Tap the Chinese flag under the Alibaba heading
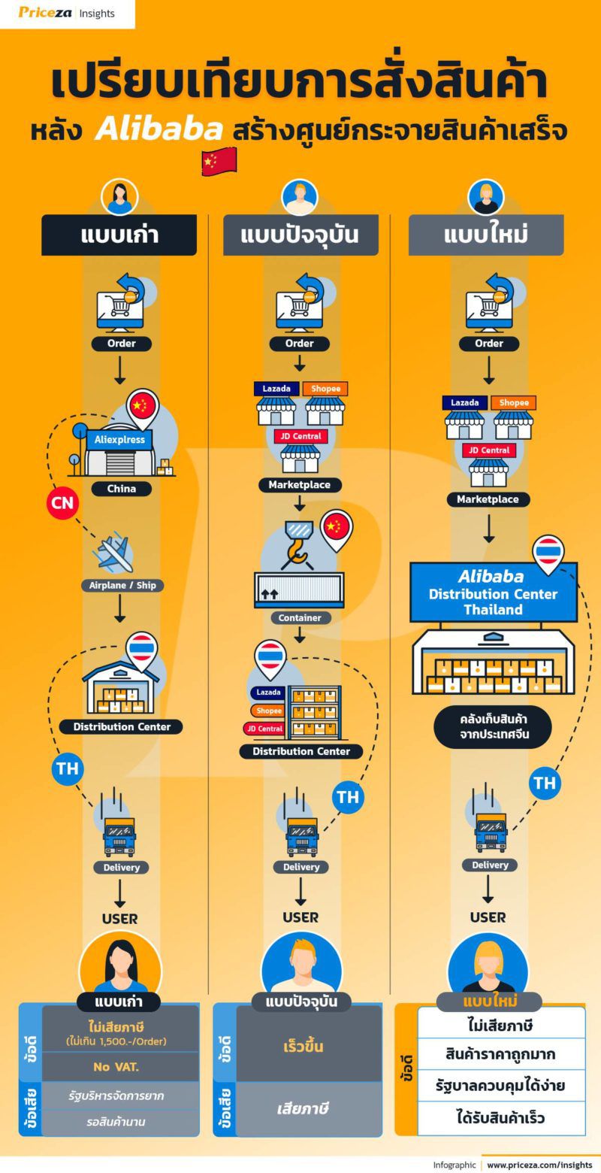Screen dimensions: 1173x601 point(219,162)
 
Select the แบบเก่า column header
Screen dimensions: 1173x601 point(119,235)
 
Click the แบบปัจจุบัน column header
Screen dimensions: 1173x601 point(300,235)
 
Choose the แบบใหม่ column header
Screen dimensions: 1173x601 point(486,235)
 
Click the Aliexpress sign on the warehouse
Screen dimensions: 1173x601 point(119,439)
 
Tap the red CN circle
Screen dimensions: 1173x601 point(63,502)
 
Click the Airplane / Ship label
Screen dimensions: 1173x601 point(122,585)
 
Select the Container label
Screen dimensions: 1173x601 point(300,617)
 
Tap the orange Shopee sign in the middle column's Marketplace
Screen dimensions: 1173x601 point(325,389)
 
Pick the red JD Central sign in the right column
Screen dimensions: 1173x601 point(489,450)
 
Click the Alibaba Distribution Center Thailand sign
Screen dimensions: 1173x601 point(493,593)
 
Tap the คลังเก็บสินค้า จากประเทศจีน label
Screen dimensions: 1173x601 point(493,726)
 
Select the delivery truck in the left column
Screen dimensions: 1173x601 point(119,835)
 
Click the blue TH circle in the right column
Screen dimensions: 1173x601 point(545,783)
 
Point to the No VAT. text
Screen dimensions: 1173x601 point(122,1066)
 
